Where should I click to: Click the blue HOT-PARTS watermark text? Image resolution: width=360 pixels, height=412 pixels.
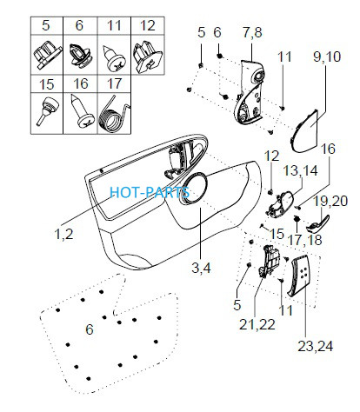tap(150, 192)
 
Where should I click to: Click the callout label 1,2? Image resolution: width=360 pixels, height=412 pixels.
tap(63, 234)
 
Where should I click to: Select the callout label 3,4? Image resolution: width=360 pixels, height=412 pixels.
tap(201, 268)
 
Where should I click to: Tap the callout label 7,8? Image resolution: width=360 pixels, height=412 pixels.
tap(252, 32)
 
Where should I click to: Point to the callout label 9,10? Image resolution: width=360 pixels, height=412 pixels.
tap(327, 56)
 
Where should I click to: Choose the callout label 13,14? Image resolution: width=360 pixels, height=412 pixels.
tap(300, 170)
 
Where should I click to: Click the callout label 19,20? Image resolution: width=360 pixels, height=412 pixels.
tap(330, 201)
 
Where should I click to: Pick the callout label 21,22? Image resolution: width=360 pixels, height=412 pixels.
tap(257, 324)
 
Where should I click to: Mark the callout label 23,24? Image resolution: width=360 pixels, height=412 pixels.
tap(316, 346)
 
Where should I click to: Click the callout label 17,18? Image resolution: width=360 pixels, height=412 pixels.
tap(304, 240)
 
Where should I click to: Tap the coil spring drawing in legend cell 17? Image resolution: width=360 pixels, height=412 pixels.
tap(114, 113)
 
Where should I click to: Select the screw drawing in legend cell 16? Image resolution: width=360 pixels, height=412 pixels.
tap(82, 111)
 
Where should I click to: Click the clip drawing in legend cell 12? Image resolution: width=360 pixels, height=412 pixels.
tap(148, 57)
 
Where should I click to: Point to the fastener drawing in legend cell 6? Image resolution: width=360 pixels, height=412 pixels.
tap(80, 55)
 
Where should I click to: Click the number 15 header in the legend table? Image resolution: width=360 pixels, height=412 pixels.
tap(46, 84)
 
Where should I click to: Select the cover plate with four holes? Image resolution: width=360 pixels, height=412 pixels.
tap(299, 276)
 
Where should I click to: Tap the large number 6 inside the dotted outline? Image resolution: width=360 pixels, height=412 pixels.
tap(90, 329)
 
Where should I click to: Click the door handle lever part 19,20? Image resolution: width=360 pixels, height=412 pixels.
tap(317, 224)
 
